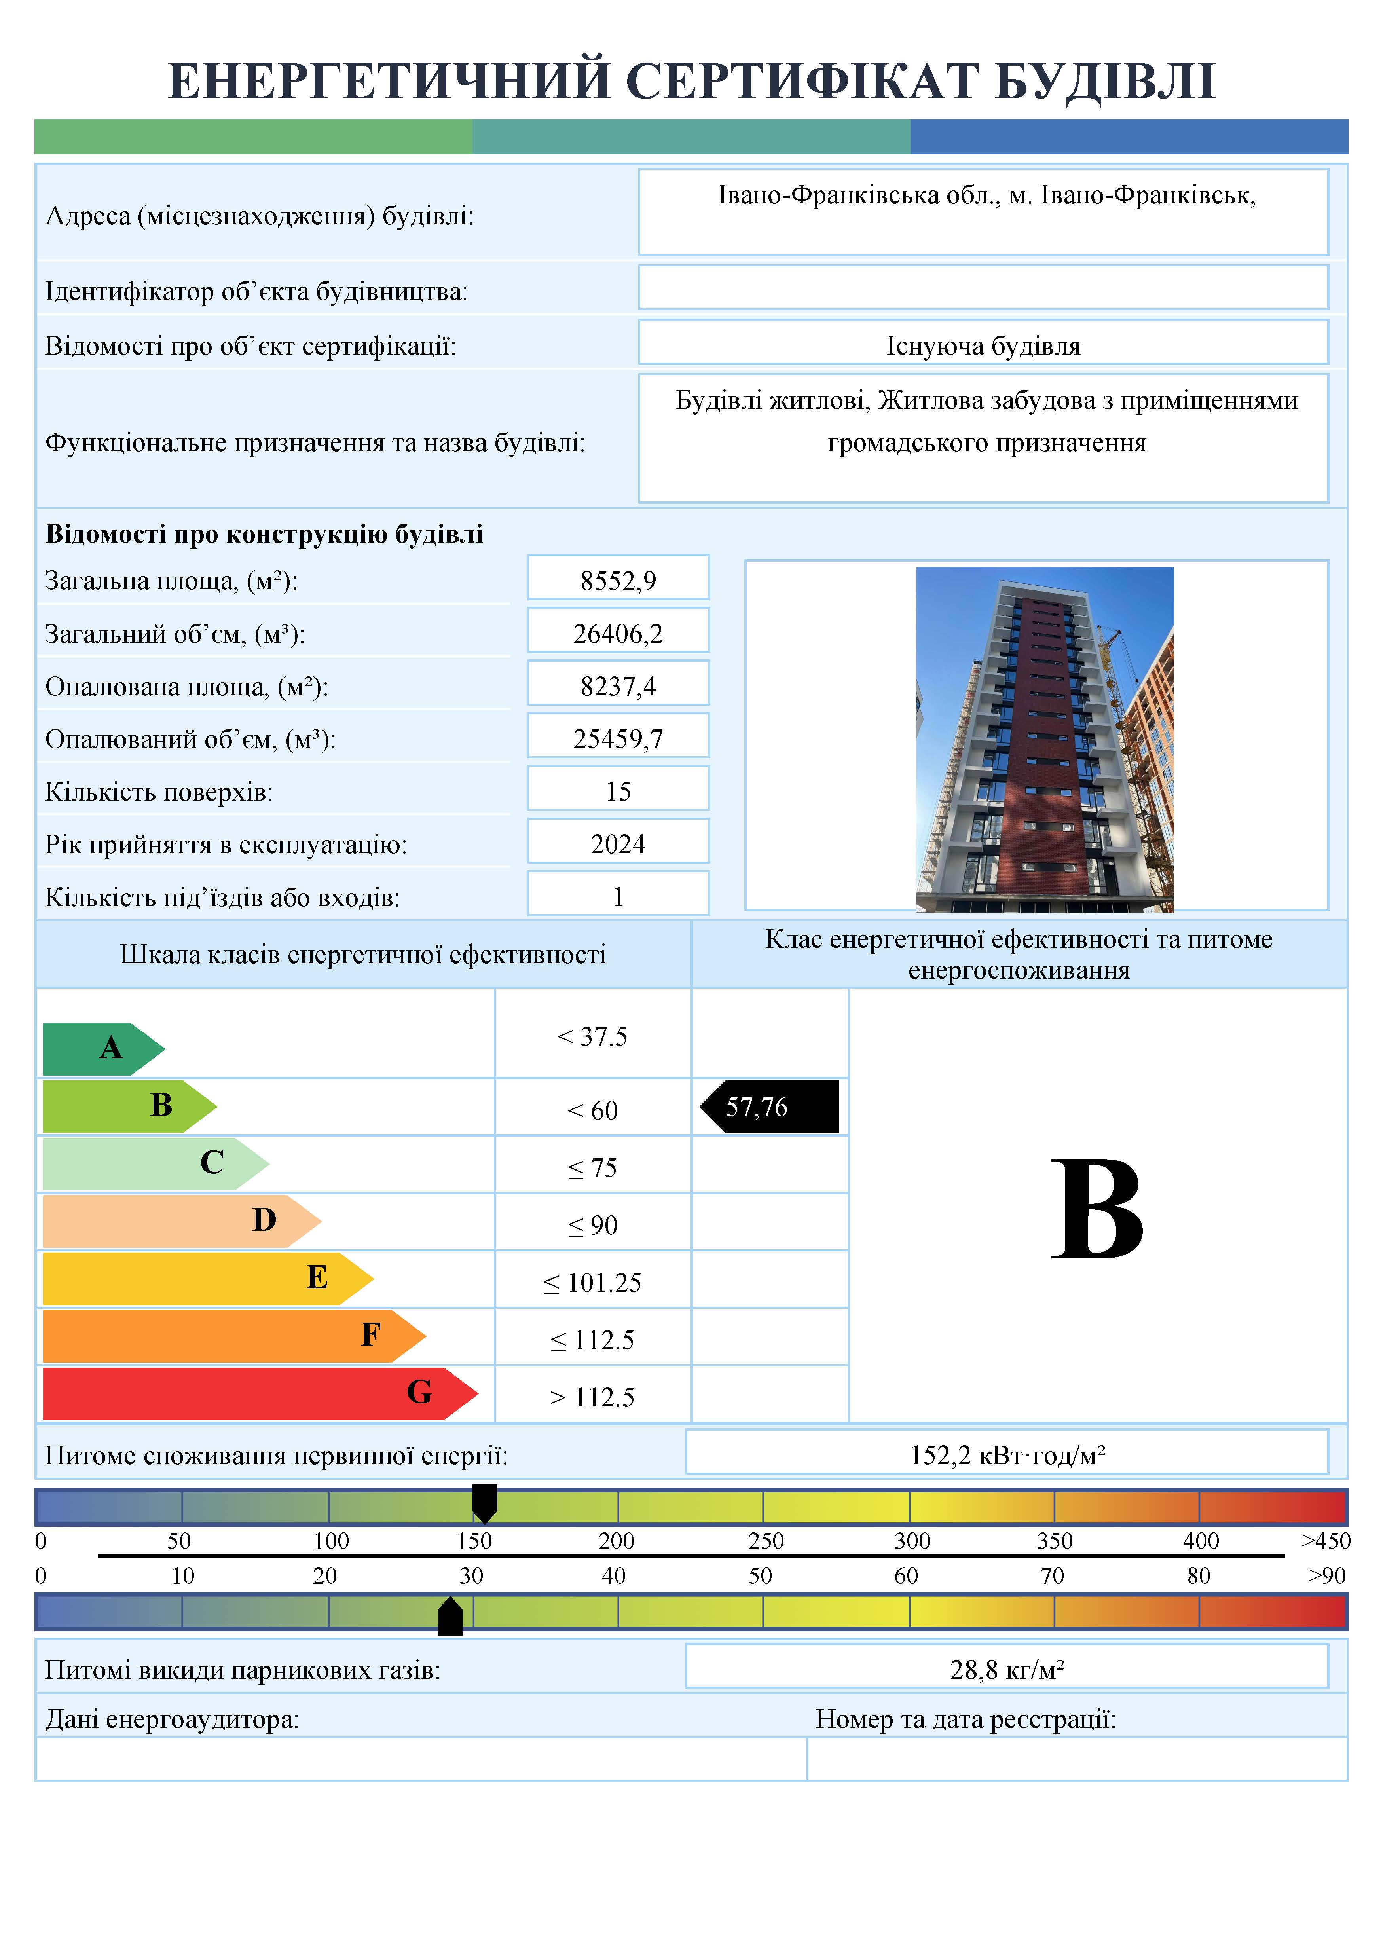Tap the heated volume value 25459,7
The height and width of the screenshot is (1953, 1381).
[618, 738]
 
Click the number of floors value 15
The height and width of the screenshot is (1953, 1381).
[618, 791]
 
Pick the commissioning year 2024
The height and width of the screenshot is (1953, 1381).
[618, 844]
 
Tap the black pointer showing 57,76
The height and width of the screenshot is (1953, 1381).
[770, 1107]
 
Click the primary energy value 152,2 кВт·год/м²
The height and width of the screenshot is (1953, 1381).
[1007, 1456]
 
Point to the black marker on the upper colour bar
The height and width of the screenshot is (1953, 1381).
[485, 1503]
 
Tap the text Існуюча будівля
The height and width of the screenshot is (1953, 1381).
[983, 346]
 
